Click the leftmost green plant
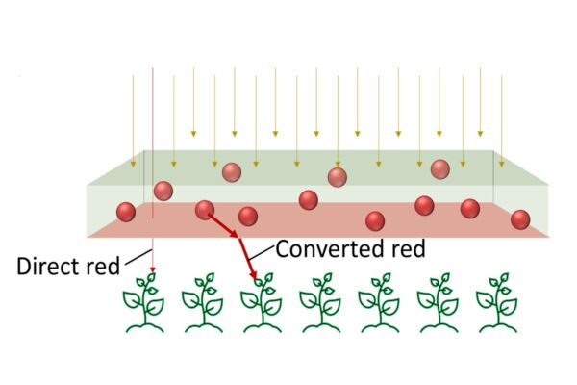146,302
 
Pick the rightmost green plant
499,302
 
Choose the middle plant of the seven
319,302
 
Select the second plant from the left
203,302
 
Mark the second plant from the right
439,302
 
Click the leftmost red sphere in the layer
126,211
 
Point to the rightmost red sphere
520,219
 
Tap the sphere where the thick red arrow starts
204,209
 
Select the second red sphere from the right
470,208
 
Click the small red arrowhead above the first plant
152,272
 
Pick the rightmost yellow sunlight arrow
501,106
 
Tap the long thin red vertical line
152,144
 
